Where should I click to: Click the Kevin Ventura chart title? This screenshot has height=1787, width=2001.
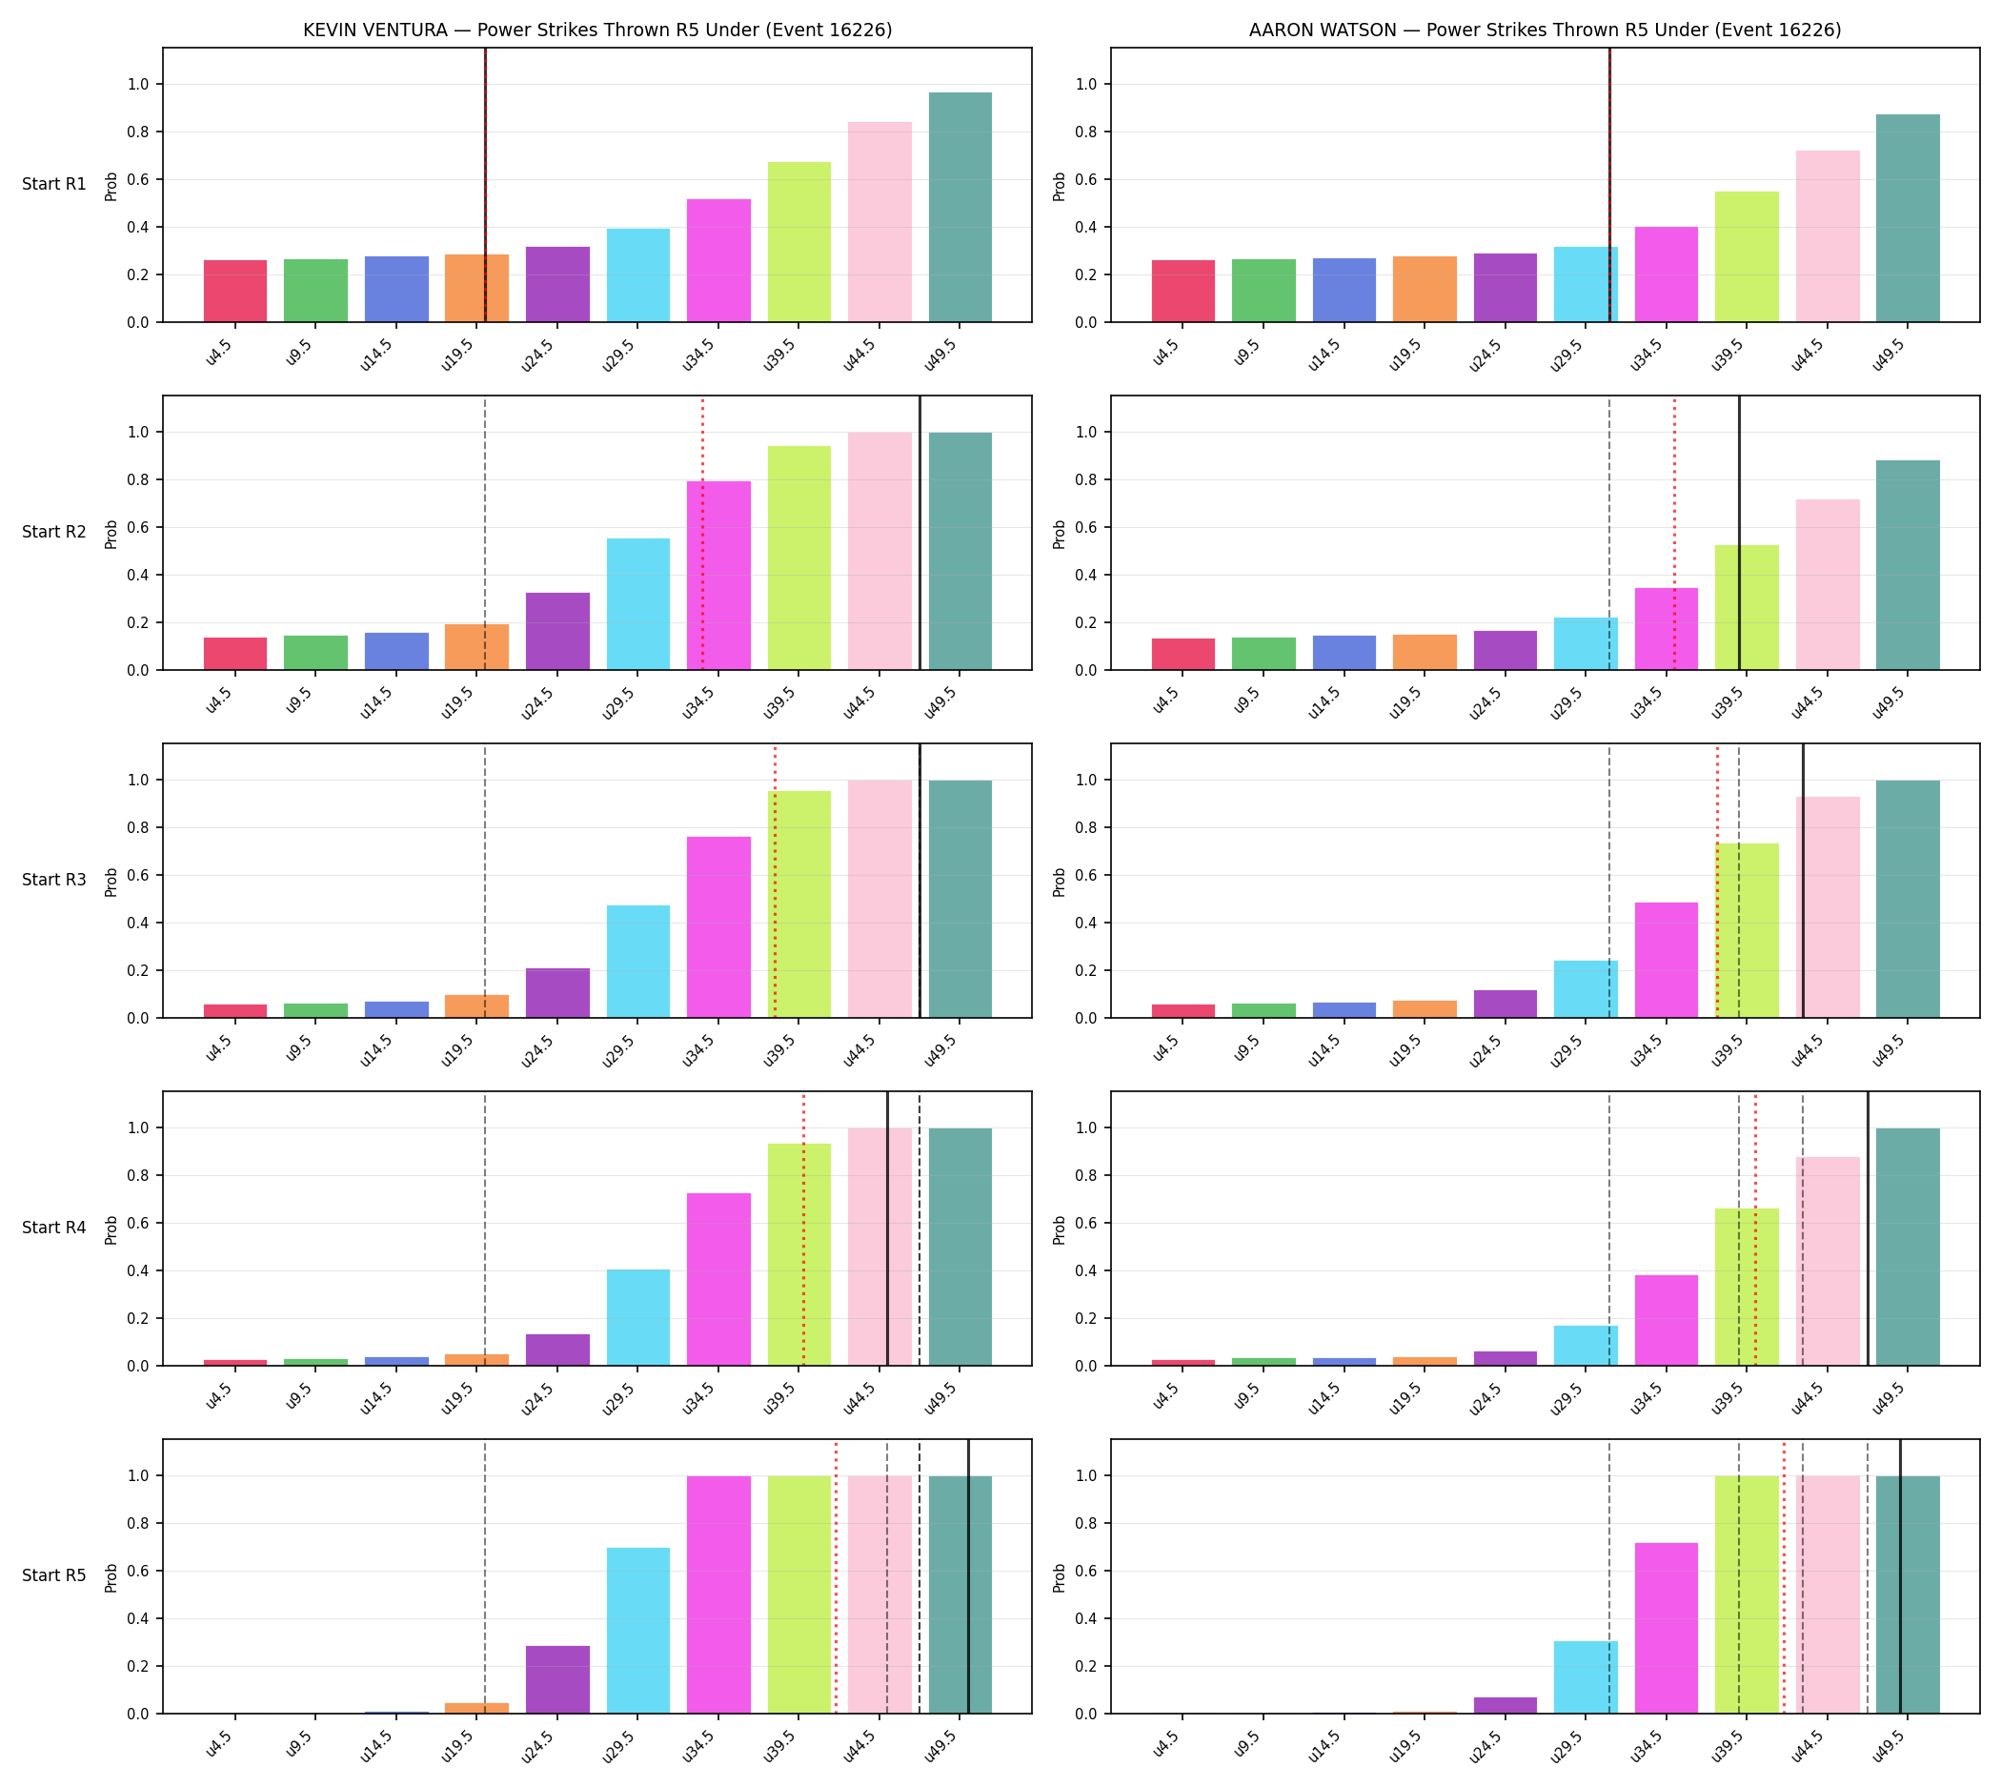pos(596,30)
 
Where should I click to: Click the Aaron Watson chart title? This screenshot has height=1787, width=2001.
pos(1545,30)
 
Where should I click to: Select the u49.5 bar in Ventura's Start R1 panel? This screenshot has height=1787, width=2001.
pos(960,207)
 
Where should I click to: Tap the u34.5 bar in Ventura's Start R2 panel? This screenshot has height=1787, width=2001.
pos(718,576)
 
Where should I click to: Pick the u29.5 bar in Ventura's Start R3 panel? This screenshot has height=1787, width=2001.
pos(637,962)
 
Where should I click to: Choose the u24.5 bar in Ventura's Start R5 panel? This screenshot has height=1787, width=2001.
pos(556,1679)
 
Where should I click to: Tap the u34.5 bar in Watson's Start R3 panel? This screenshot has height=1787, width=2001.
pos(1666,961)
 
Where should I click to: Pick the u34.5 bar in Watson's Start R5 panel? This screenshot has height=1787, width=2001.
pos(1666,1628)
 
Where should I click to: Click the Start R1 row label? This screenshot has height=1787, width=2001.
pos(54,185)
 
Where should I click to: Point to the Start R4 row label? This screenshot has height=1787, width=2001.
pos(54,1228)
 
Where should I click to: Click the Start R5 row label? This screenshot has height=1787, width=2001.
pos(54,1574)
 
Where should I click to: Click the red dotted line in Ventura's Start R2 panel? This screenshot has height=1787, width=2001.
pos(702,533)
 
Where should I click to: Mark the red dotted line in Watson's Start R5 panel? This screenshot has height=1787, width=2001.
pos(1783,1577)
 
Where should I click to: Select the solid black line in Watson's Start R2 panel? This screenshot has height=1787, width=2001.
pos(1738,533)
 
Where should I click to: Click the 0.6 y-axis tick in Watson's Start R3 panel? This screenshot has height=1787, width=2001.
pos(1086,876)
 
